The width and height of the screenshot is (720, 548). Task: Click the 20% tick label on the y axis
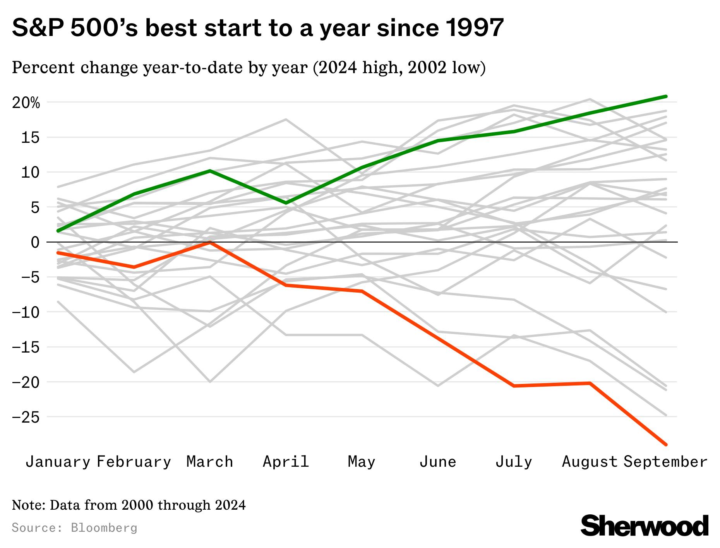26,103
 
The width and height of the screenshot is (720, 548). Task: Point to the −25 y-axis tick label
26,417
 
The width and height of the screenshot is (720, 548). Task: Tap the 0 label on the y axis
35,242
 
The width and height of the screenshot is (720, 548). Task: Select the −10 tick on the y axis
26,312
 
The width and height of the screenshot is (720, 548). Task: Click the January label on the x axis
58,462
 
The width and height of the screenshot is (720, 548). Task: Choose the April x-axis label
286,462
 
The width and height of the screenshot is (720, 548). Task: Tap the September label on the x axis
665,462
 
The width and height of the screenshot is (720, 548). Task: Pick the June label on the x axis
438,462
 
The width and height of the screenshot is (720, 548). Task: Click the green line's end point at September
666,96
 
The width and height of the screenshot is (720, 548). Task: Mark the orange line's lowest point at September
666,445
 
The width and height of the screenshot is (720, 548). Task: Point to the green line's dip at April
286,203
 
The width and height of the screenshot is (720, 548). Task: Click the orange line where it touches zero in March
210,242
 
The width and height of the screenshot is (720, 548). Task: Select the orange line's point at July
514,386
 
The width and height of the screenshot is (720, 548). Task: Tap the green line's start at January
58,231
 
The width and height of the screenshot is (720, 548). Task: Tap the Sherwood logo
645,526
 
